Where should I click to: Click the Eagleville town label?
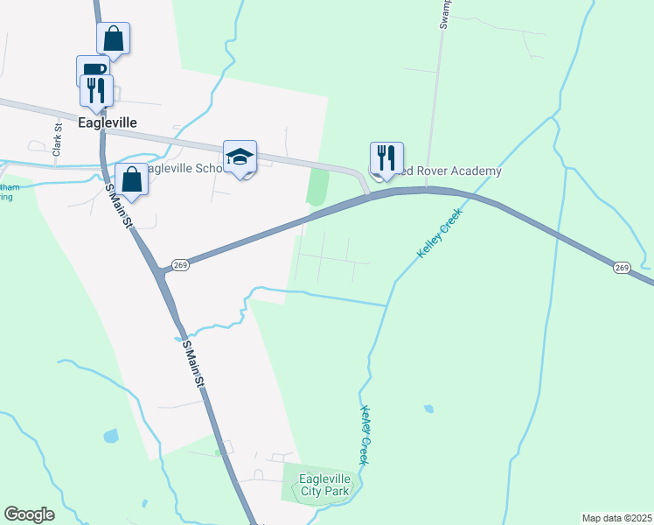click(108, 123)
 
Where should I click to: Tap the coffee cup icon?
click(91, 70)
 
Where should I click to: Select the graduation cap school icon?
click(240, 157)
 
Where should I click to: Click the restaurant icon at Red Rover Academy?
click(386, 157)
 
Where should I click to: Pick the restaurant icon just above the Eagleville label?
click(96, 89)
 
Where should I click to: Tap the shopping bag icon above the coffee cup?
click(113, 38)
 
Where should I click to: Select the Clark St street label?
click(58, 138)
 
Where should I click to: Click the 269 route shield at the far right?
click(622, 267)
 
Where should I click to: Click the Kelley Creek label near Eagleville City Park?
click(364, 435)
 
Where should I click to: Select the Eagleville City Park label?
click(324, 485)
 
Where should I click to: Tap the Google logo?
click(29, 514)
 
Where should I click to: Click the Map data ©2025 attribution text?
click(616, 518)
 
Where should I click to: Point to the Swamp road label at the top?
click(444, 14)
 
